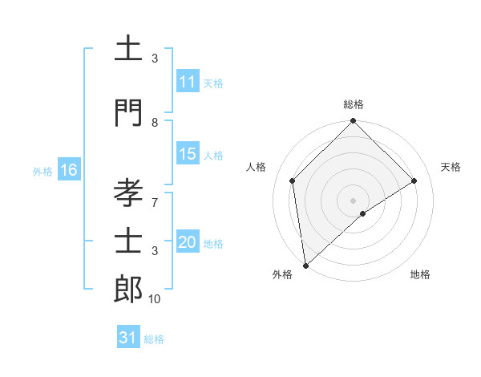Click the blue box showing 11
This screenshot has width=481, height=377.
188,83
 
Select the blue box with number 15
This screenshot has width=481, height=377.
188,155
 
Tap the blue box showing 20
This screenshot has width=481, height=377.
188,243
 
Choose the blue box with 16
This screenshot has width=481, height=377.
68,170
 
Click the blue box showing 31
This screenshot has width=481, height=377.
128,338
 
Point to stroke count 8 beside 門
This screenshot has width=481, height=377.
155,123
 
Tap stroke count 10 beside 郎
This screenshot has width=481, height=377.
155,299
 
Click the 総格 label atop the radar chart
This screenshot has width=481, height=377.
354,104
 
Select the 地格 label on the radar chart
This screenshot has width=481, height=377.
420,274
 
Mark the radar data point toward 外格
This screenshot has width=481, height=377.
305,266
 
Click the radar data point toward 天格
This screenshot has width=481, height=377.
414,180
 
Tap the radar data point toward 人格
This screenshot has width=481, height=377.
293,180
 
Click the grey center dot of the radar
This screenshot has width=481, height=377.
354,200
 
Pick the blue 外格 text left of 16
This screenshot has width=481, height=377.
42,171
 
